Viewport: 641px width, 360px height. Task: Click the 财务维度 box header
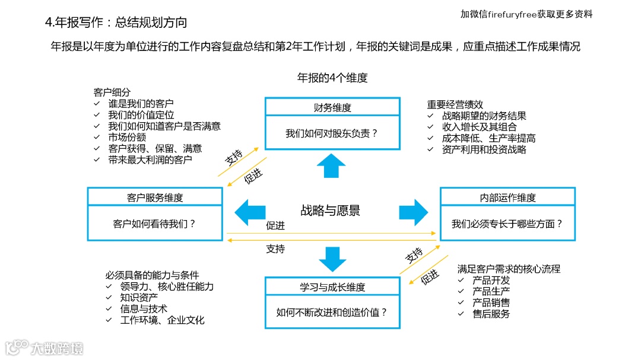(x=332, y=107)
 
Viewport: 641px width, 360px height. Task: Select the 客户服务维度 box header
(x=155, y=197)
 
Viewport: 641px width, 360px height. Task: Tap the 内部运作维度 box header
(x=507, y=197)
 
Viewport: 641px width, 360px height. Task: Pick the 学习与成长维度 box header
(x=332, y=287)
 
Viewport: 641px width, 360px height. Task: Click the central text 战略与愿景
(x=330, y=211)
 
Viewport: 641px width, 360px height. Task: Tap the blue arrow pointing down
(x=332, y=259)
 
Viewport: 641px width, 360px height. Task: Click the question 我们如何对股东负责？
(x=332, y=134)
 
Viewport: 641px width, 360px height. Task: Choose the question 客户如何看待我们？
(x=154, y=224)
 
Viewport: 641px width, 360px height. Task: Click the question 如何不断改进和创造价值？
(x=332, y=312)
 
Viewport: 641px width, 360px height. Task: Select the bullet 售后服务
(x=491, y=314)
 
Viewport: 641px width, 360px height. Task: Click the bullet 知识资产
(x=139, y=298)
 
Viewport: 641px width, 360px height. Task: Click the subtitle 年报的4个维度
(x=332, y=78)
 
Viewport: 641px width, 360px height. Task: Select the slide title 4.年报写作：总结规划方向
(x=116, y=23)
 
